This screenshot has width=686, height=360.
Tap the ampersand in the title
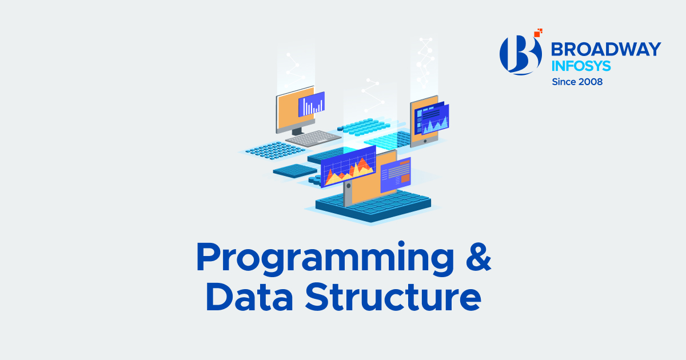(474, 258)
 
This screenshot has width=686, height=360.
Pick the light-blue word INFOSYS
(581, 65)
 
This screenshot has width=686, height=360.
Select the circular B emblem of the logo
(520, 55)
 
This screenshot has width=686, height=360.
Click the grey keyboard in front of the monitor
(313, 138)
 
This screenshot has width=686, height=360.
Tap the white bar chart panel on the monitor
(312, 105)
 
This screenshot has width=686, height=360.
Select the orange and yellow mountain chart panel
(348, 166)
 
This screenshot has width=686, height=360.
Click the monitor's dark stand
(297, 131)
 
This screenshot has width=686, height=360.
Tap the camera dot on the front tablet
(347, 186)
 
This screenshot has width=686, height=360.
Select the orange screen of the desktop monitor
(289, 111)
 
